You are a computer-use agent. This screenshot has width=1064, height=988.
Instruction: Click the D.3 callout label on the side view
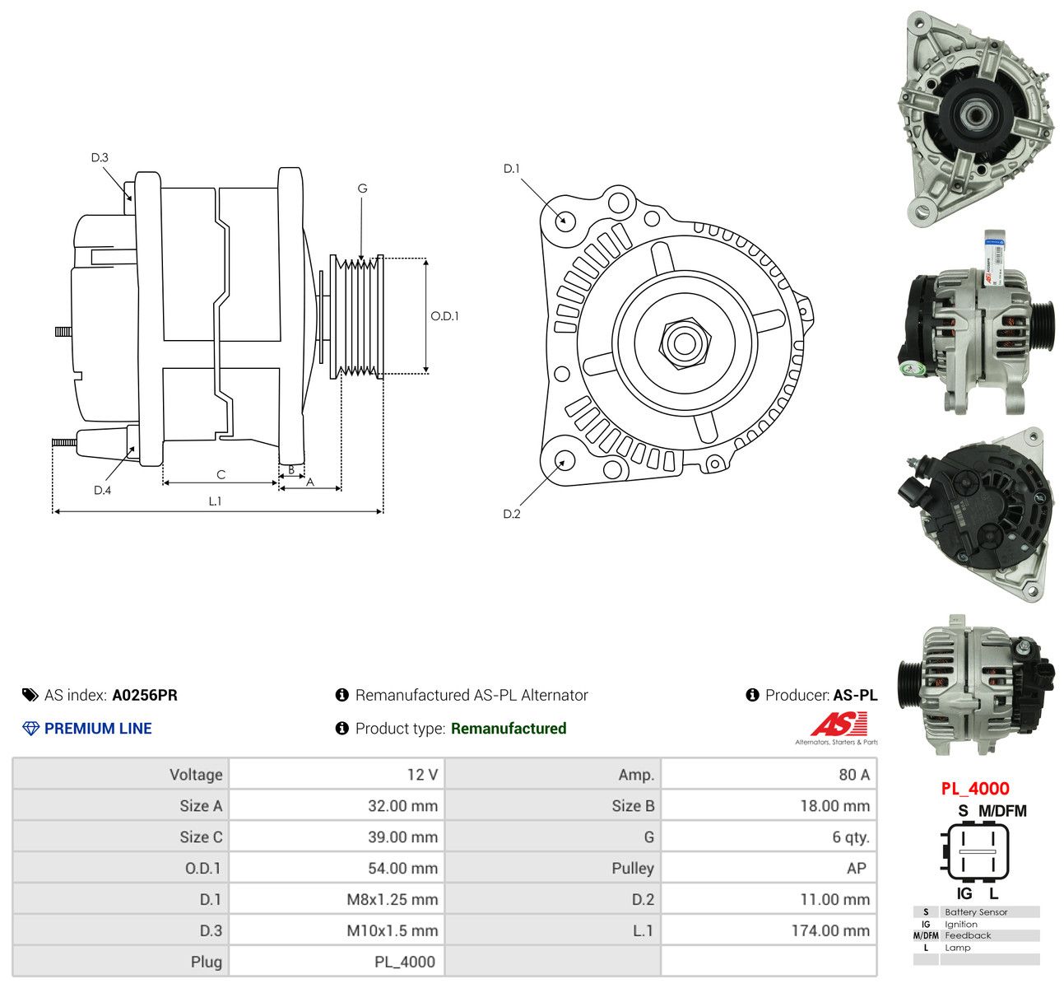click(100, 157)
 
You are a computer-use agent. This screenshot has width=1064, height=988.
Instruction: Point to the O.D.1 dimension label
click(444, 316)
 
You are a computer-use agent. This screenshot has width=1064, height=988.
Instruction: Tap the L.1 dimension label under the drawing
click(215, 501)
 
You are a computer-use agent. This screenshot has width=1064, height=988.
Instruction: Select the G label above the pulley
click(362, 189)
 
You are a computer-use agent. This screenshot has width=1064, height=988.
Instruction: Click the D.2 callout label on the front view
click(512, 514)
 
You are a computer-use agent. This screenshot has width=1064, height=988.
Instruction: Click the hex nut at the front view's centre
click(684, 343)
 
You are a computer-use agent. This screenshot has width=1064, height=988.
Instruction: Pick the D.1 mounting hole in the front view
click(565, 221)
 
